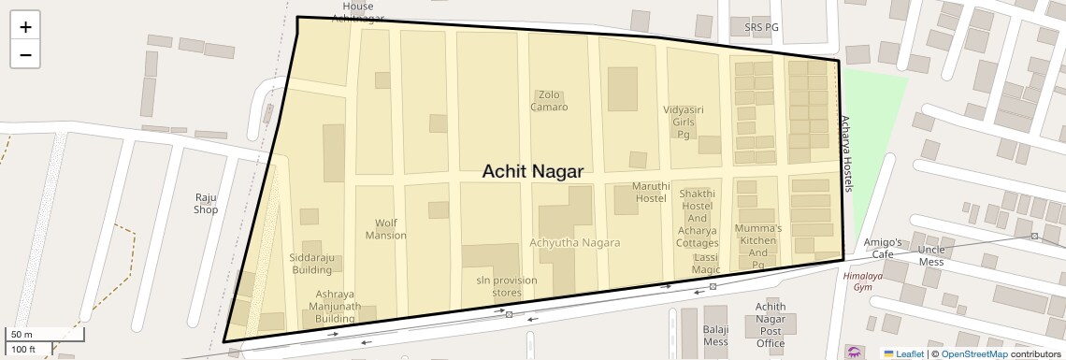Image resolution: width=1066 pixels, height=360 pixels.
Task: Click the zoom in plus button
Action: tap(25, 27)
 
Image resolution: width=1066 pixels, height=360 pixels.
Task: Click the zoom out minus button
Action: tap(25, 54)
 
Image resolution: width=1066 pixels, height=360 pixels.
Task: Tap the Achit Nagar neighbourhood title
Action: tap(532, 172)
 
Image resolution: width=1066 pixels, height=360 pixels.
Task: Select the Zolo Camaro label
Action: tap(549, 100)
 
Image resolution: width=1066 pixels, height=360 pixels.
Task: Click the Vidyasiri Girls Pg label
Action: tap(683, 122)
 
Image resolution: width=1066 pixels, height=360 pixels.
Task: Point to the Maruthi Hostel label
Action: tap(650, 192)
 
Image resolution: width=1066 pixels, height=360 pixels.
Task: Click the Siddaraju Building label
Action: tap(311, 264)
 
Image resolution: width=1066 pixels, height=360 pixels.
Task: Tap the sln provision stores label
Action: tap(493, 286)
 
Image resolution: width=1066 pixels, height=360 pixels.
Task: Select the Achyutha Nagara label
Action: tap(575, 243)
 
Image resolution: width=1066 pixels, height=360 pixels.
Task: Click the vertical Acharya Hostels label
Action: tap(846, 154)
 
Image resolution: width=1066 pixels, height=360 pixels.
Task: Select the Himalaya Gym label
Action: tap(862, 281)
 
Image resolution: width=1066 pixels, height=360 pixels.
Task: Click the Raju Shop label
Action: tap(206, 203)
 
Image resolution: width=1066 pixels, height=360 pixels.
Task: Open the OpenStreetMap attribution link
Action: tap(973, 353)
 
